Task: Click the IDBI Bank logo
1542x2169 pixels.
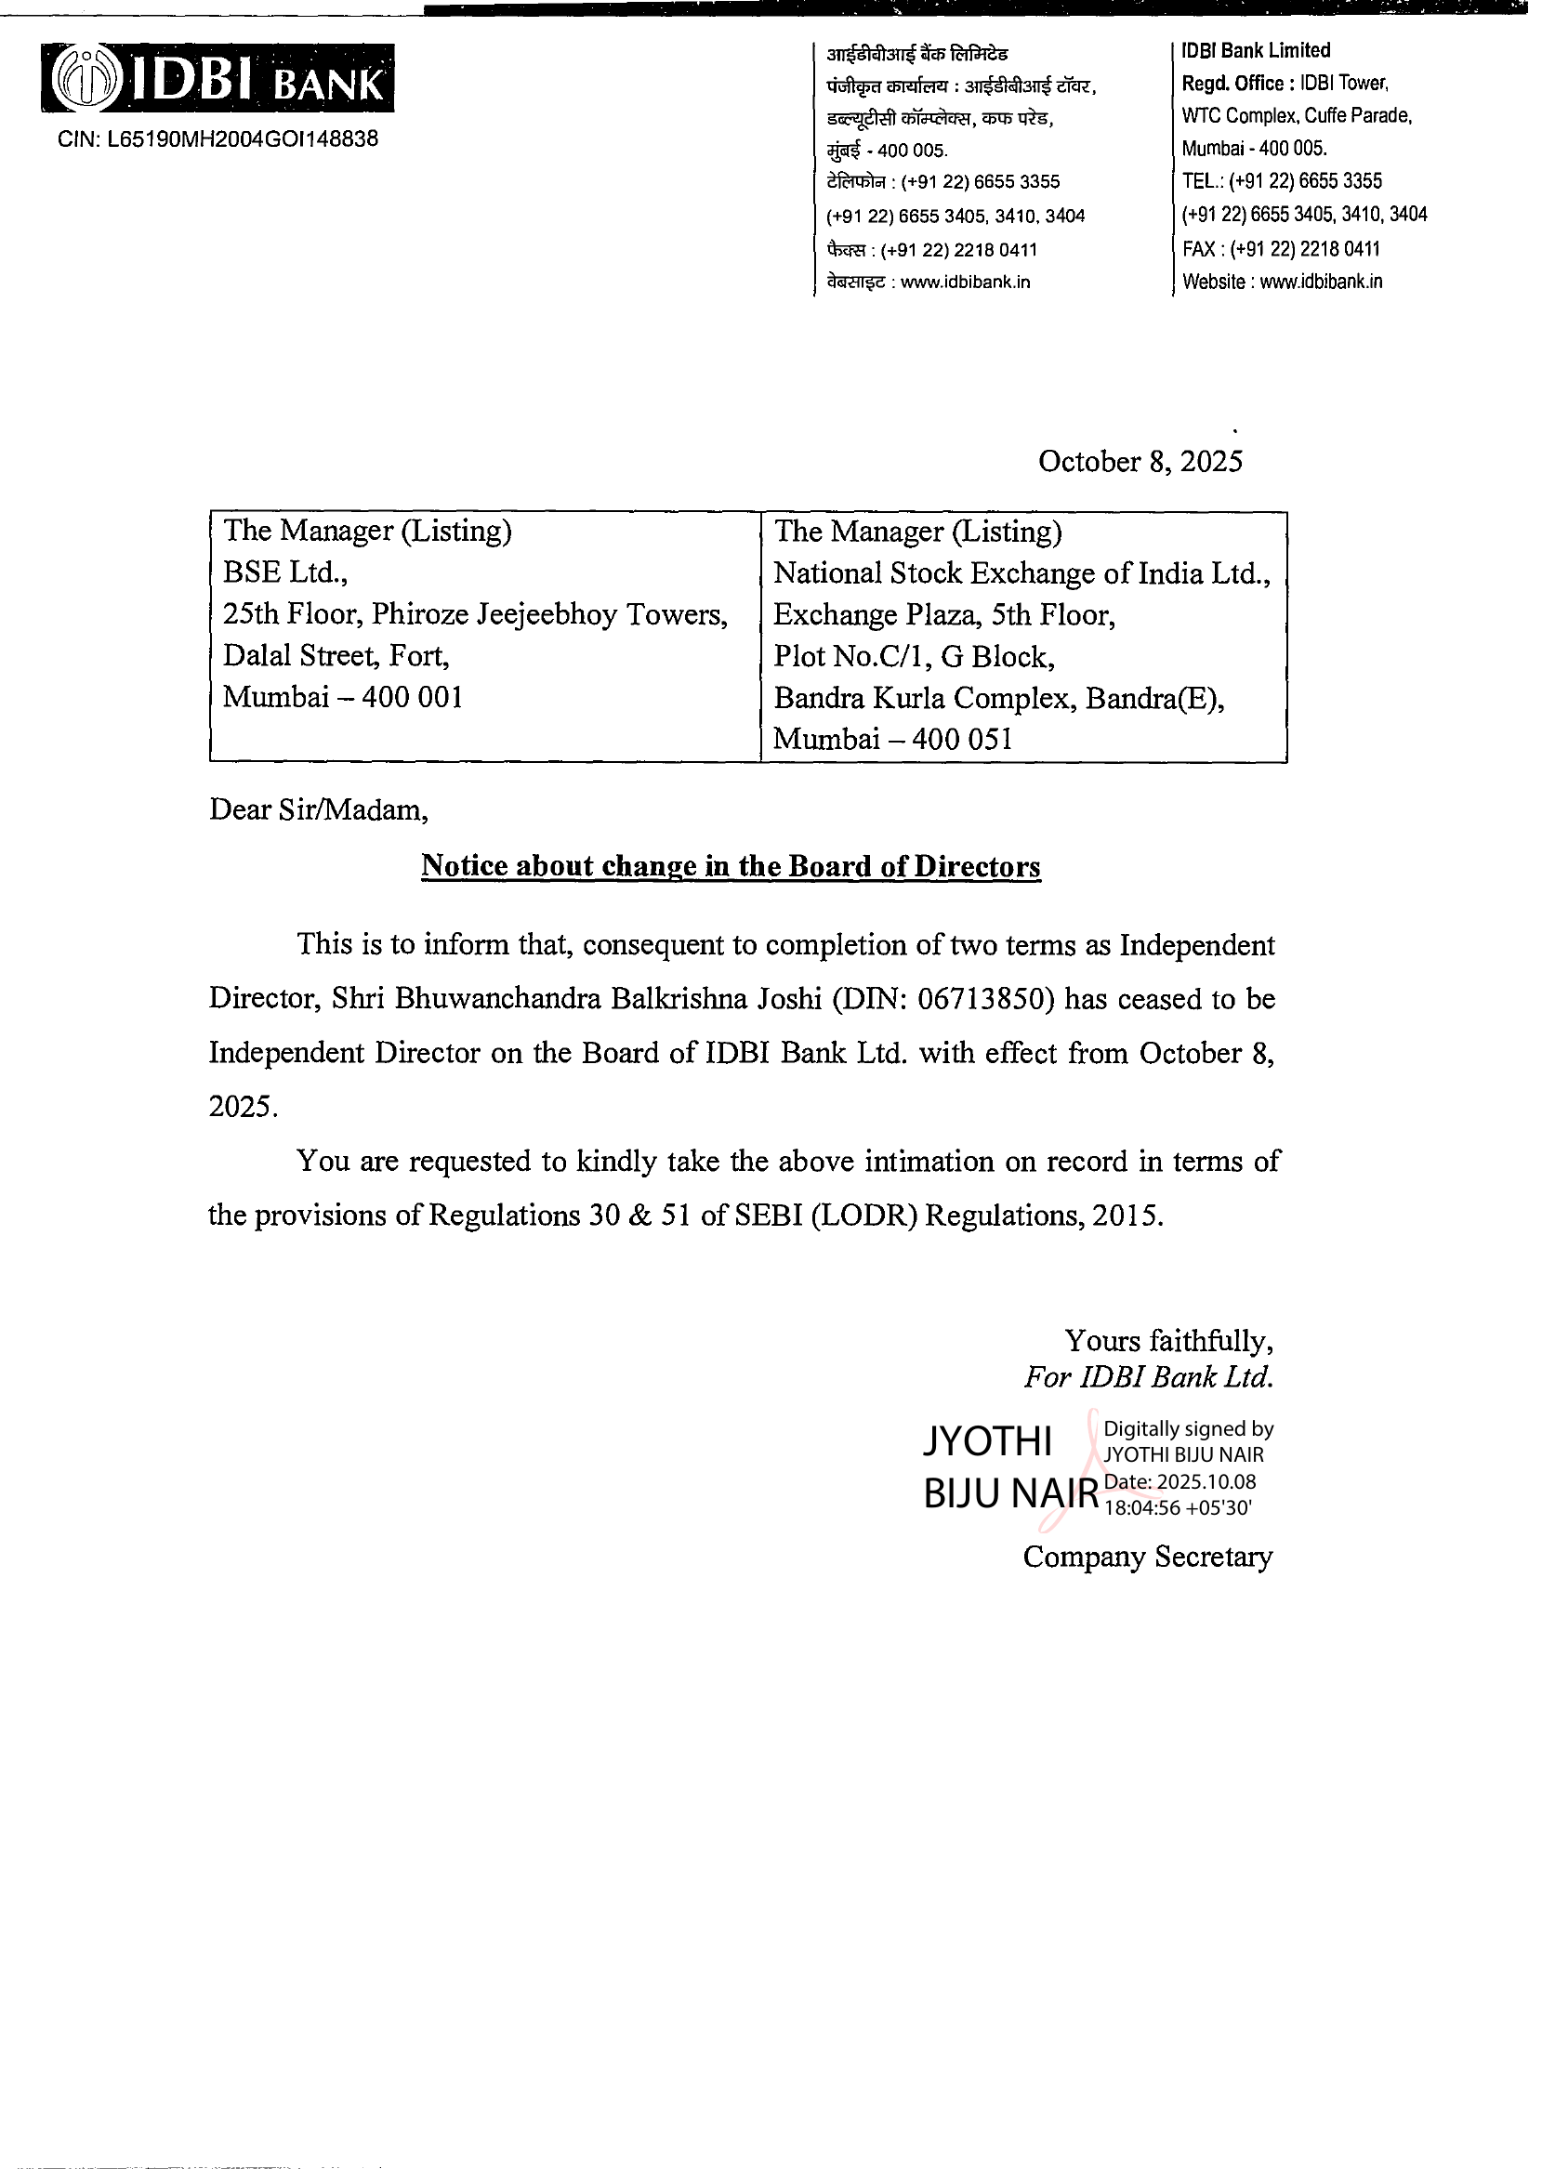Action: (x=217, y=79)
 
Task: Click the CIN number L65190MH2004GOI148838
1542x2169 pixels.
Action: (x=217, y=139)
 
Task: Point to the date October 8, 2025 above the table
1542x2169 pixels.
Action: (x=1140, y=461)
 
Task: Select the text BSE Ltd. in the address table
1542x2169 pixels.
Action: (x=284, y=572)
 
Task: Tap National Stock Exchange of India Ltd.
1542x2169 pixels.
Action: (x=1021, y=573)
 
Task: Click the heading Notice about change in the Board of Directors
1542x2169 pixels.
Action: (x=731, y=866)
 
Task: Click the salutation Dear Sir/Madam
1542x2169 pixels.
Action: (x=318, y=809)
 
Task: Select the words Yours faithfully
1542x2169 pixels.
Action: (x=1168, y=1340)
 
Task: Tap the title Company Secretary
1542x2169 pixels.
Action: (x=1147, y=1557)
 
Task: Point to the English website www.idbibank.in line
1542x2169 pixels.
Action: (x=1282, y=282)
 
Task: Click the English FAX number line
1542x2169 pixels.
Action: (x=1280, y=249)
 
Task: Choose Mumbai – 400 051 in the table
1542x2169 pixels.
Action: (x=892, y=739)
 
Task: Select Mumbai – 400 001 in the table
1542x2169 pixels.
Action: (x=342, y=697)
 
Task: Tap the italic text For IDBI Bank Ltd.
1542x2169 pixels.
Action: (x=1148, y=1377)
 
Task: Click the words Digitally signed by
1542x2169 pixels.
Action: (x=1188, y=1428)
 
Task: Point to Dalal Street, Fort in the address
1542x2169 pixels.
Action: (x=336, y=655)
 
